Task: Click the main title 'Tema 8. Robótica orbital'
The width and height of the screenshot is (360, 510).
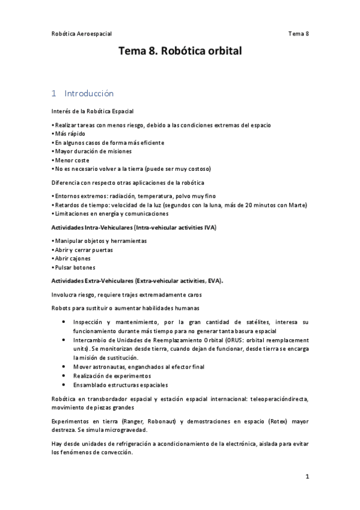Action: click(180, 52)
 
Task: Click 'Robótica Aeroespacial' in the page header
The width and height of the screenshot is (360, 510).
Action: click(82, 34)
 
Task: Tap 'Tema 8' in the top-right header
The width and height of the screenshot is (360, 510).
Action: click(298, 34)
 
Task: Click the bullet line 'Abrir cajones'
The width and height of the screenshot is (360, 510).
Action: click(73, 259)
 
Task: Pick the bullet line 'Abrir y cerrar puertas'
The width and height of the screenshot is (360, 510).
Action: click(83, 250)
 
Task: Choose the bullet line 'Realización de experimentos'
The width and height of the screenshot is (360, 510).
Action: click(112, 375)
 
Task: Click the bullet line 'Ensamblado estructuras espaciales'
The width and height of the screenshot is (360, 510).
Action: click(121, 385)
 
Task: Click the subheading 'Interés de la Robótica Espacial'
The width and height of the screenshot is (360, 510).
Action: click(93, 111)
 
